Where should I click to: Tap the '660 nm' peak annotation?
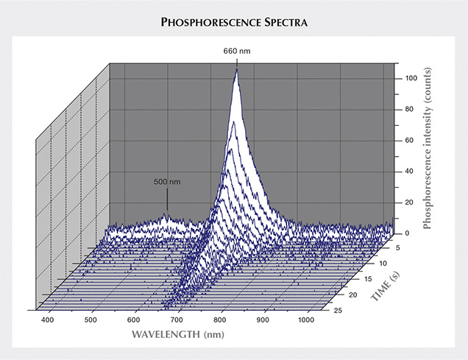click(x=235, y=51)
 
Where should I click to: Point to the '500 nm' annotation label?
click(x=167, y=181)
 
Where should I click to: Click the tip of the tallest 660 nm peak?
click(x=236, y=70)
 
